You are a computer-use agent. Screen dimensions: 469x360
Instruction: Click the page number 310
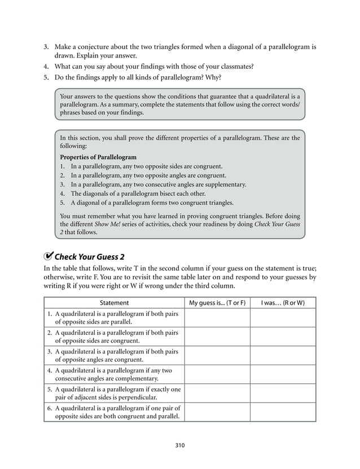tap(180, 445)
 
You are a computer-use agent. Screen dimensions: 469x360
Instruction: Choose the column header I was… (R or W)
tap(283, 303)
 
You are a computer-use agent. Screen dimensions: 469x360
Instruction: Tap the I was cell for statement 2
tap(283, 337)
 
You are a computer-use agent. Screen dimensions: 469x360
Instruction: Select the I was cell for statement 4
tap(283, 375)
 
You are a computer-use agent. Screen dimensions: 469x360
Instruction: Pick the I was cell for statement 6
tap(283, 413)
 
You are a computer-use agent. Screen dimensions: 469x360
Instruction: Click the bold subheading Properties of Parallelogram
tap(98, 157)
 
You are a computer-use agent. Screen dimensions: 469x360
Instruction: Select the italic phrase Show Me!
tap(107, 224)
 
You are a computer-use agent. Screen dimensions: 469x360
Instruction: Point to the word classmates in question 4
tap(232, 66)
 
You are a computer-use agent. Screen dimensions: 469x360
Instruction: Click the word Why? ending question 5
tap(213, 77)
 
